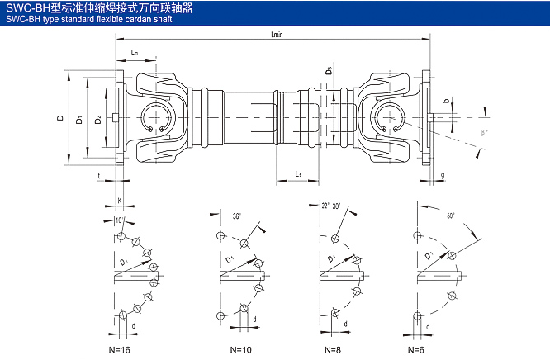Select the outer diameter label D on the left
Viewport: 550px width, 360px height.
point(60,119)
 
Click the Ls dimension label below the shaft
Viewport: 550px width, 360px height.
point(301,174)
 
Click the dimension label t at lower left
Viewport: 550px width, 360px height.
point(99,176)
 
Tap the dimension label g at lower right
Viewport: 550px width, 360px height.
point(443,175)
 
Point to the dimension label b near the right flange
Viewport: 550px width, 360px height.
point(447,102)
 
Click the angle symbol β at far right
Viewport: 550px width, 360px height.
point(484,131)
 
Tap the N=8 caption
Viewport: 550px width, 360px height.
point(332,349)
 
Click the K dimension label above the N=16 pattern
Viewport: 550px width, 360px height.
point(121,201)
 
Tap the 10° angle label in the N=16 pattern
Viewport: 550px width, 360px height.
point(119,220)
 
